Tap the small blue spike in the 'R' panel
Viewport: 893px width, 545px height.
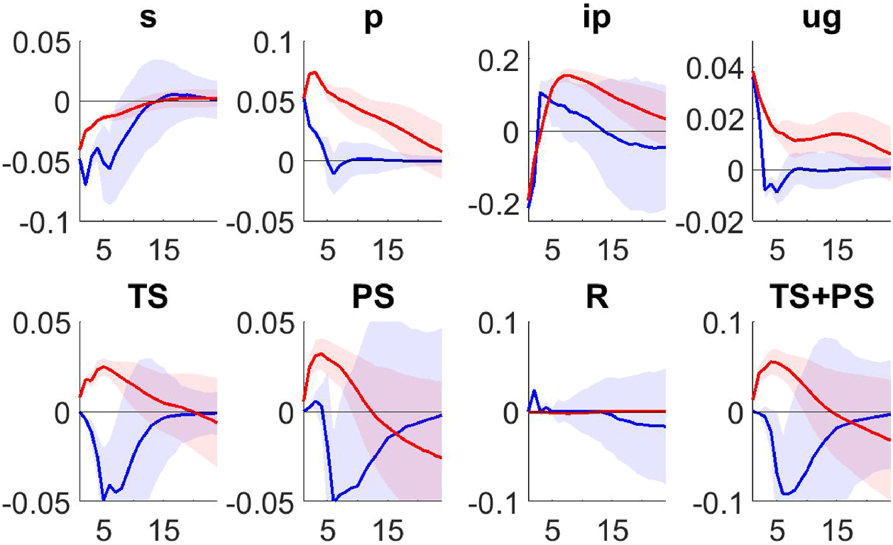point(535,390)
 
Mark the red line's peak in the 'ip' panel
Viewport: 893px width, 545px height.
point(567,75)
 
